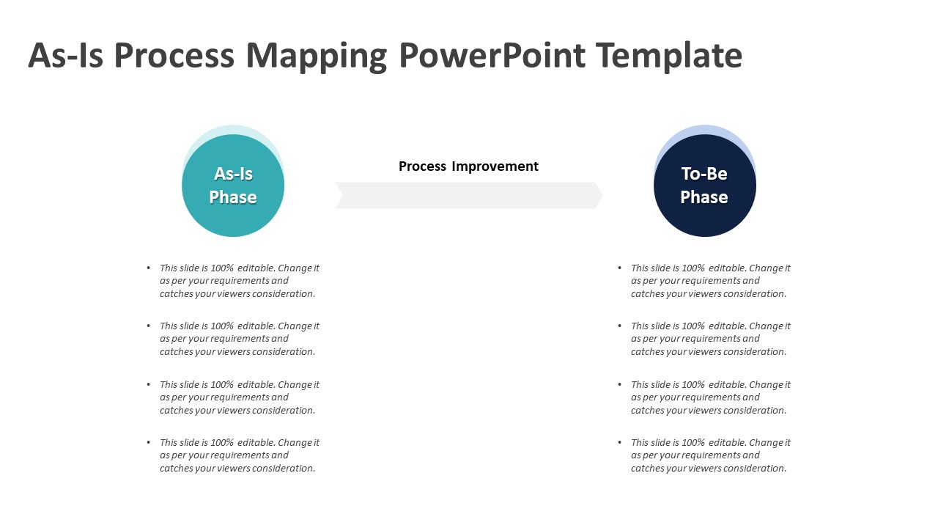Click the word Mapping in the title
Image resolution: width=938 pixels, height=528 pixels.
tap(316, 56)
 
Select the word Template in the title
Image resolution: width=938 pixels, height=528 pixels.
tap(669, 55)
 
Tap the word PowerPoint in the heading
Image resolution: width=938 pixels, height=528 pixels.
tap(492, 55)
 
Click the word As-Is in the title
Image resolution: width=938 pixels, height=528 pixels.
tap(66, 55)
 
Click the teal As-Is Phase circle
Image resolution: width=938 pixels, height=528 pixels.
tap(233, 186)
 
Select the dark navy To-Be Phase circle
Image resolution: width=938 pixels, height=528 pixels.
tap(705, 186)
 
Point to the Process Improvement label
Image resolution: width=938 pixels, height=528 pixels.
tap(468, 166)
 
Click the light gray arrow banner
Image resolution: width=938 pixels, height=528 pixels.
tap(469, 195)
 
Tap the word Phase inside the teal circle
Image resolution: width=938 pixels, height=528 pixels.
tap(233, 197)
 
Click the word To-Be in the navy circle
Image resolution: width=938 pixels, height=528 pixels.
tap(704, 174)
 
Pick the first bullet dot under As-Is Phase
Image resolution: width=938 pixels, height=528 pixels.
tap(148, 268)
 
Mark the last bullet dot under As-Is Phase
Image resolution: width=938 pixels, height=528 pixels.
tap(148, 442)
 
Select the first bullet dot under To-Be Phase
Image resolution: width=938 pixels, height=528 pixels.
tap(620, 268)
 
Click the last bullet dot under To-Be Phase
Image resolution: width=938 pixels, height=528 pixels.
tap(620, 442)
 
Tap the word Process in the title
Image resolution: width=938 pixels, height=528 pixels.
tap(174, 55)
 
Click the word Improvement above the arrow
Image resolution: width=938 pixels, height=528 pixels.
tap(495, 166)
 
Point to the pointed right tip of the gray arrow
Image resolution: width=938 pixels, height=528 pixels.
tap(602, 195)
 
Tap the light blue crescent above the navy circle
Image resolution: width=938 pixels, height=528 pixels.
tap(705, 131)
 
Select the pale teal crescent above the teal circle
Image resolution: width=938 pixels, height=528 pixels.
tap(233, 131)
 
